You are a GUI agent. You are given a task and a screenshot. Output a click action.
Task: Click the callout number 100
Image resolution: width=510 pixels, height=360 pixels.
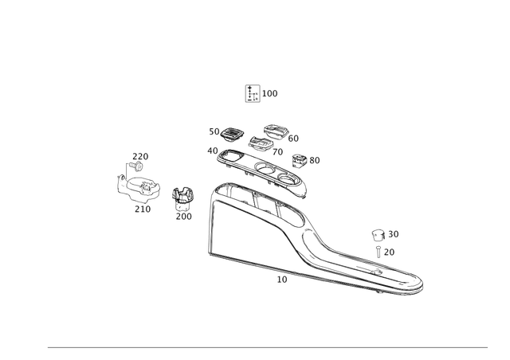tap(269, 94)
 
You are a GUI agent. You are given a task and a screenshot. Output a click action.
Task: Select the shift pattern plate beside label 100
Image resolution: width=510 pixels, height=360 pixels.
tap(253, 93)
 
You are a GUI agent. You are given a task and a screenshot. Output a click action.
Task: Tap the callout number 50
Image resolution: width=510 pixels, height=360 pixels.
tap(214, 131)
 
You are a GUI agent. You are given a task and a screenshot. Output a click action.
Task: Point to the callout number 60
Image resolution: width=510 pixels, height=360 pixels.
tap(293, 139)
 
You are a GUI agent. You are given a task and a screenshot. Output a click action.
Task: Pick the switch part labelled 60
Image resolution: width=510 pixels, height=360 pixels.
tap(276, 131)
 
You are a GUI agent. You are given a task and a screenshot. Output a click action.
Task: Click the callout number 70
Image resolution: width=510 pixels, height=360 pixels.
tap(277, 152)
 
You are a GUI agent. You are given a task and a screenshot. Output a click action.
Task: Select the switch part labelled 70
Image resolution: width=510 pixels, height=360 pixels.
tap(261, 143)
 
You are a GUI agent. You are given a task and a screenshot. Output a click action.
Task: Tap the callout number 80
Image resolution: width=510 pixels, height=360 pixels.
tap(315, 160)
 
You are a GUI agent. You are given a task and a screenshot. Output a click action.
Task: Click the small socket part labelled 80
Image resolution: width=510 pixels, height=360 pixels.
tap(300, 161)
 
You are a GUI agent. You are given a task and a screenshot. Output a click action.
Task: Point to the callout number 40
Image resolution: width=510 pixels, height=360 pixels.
tap(213, 151)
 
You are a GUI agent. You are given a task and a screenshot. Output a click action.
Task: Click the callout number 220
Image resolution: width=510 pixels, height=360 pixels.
tap(140, 156)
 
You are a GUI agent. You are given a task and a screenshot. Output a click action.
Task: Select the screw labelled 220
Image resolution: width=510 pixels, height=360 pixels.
tap(136, 166)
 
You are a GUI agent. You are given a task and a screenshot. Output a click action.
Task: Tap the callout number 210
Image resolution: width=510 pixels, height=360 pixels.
tap(143, 209)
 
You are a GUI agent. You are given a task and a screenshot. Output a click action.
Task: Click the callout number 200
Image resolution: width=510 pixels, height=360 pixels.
tap(184, 217)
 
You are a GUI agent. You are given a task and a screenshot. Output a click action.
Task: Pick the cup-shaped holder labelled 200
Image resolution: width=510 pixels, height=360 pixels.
tap(182, 199)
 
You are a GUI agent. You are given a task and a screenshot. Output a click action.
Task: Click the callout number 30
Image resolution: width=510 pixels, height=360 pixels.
tap(394, 234)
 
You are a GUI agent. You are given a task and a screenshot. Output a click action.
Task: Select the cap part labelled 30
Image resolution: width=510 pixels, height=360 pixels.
tap(379, 235)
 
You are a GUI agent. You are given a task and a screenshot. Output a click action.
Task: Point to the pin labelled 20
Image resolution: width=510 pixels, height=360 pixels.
tap(379, 252)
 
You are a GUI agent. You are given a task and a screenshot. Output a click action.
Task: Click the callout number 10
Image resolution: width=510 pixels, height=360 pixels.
tap(282, 280)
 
